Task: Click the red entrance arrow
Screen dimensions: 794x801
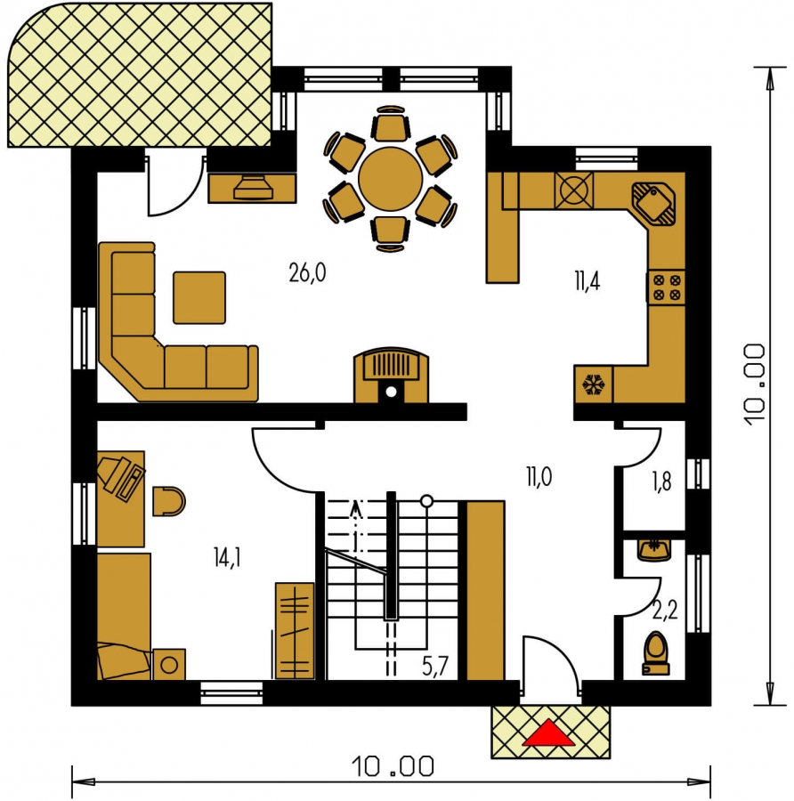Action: coord(548,733)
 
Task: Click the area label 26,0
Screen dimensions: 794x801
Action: coord(307,273)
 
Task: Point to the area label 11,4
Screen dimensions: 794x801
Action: coord(587,281)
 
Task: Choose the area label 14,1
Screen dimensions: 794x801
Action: coord(227,557)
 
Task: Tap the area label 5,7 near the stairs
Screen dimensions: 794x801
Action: coord(434,666)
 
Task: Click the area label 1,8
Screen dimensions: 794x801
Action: coord(661,481)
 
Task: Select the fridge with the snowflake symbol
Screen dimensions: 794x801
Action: coord(593,384)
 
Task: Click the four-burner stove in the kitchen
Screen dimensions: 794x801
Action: coord(667,287)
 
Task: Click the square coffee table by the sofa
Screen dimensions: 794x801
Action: coord(199,298)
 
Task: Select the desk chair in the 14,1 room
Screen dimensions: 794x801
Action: coord(169,501)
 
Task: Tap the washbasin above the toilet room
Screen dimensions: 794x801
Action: coord(654,550)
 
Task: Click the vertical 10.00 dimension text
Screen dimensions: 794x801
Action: coord(754,385)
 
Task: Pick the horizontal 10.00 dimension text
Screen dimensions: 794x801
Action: coord(393,766)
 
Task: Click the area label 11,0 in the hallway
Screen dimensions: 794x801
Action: coord(539,477)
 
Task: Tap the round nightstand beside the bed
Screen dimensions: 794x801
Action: coord(169,665)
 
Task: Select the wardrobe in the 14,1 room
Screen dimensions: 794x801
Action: coord(295,631)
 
